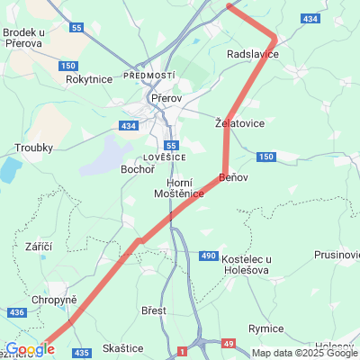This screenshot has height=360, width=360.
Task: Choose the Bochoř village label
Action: (x=138, y=169)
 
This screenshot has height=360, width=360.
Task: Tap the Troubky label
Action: (x=34, y=148)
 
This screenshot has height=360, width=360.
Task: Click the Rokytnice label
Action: (x=89, y=79)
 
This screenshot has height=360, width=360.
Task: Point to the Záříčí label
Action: (x=40, y=247)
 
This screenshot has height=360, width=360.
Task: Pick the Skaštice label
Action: (x=123, y=347)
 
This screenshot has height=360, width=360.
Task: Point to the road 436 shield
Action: (x=17, y=312)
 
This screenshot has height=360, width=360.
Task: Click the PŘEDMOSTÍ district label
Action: (x=149, y=76)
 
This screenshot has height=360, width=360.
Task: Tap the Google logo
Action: (x=30, y=349)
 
